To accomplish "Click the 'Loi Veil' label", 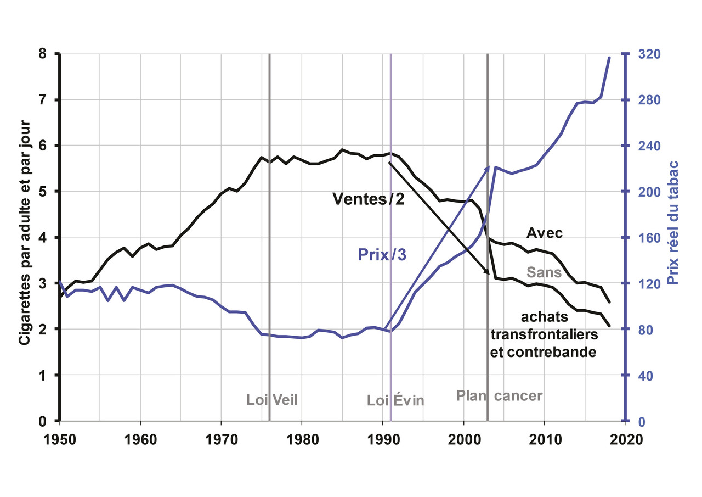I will click(x=272, y=400).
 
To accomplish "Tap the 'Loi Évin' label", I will click(x=396, y=400).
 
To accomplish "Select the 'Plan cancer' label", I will click(x=500, y=395).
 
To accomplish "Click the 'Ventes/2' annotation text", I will click(x=369, y=199).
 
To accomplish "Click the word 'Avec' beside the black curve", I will click(x=545, y=233).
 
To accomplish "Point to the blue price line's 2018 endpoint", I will click(x=609, y=57).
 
